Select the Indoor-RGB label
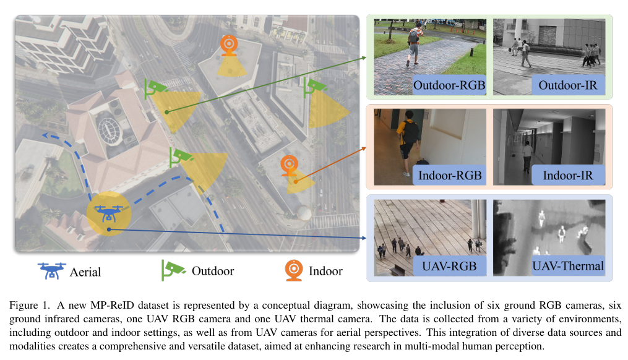point(450,174)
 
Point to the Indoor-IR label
point(568,174)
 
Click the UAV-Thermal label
point(567,266)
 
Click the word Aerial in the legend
point(85,271)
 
